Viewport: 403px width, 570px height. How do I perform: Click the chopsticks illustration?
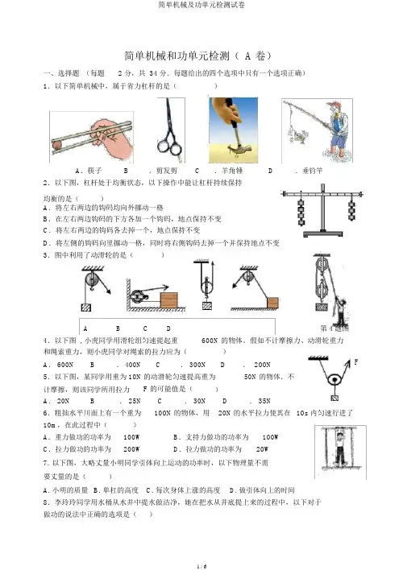click(x=91, y=137)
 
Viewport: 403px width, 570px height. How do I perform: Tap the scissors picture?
click(x=170, y=130)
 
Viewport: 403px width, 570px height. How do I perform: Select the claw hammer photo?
click(x=234, y=130)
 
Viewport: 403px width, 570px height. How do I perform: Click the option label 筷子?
click(x=94, y=171)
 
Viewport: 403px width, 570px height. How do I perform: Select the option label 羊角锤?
click(x=232, y=171)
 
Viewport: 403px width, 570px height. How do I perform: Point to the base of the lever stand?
click(x=323, y=233)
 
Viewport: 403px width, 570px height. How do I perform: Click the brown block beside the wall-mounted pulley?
click(x=169, y=300)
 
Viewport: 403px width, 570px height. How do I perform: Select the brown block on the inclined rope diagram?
click(x=272, y=303)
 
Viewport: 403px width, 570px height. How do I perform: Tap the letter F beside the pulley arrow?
click(x=355, y=361)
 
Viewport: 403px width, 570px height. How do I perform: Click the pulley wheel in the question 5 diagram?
click(x=334, y=380)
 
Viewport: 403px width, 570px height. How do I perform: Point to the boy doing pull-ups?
click(x=340, y=447)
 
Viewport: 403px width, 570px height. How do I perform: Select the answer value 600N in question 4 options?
click(x=65, y=365)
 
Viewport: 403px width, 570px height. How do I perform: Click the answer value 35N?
click(x=264, y=401)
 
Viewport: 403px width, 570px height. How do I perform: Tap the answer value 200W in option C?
click(x=131, y=449)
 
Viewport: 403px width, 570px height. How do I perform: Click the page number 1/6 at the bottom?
click(x=201, y=566)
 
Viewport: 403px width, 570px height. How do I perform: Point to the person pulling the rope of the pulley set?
click(x=341, y=312)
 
